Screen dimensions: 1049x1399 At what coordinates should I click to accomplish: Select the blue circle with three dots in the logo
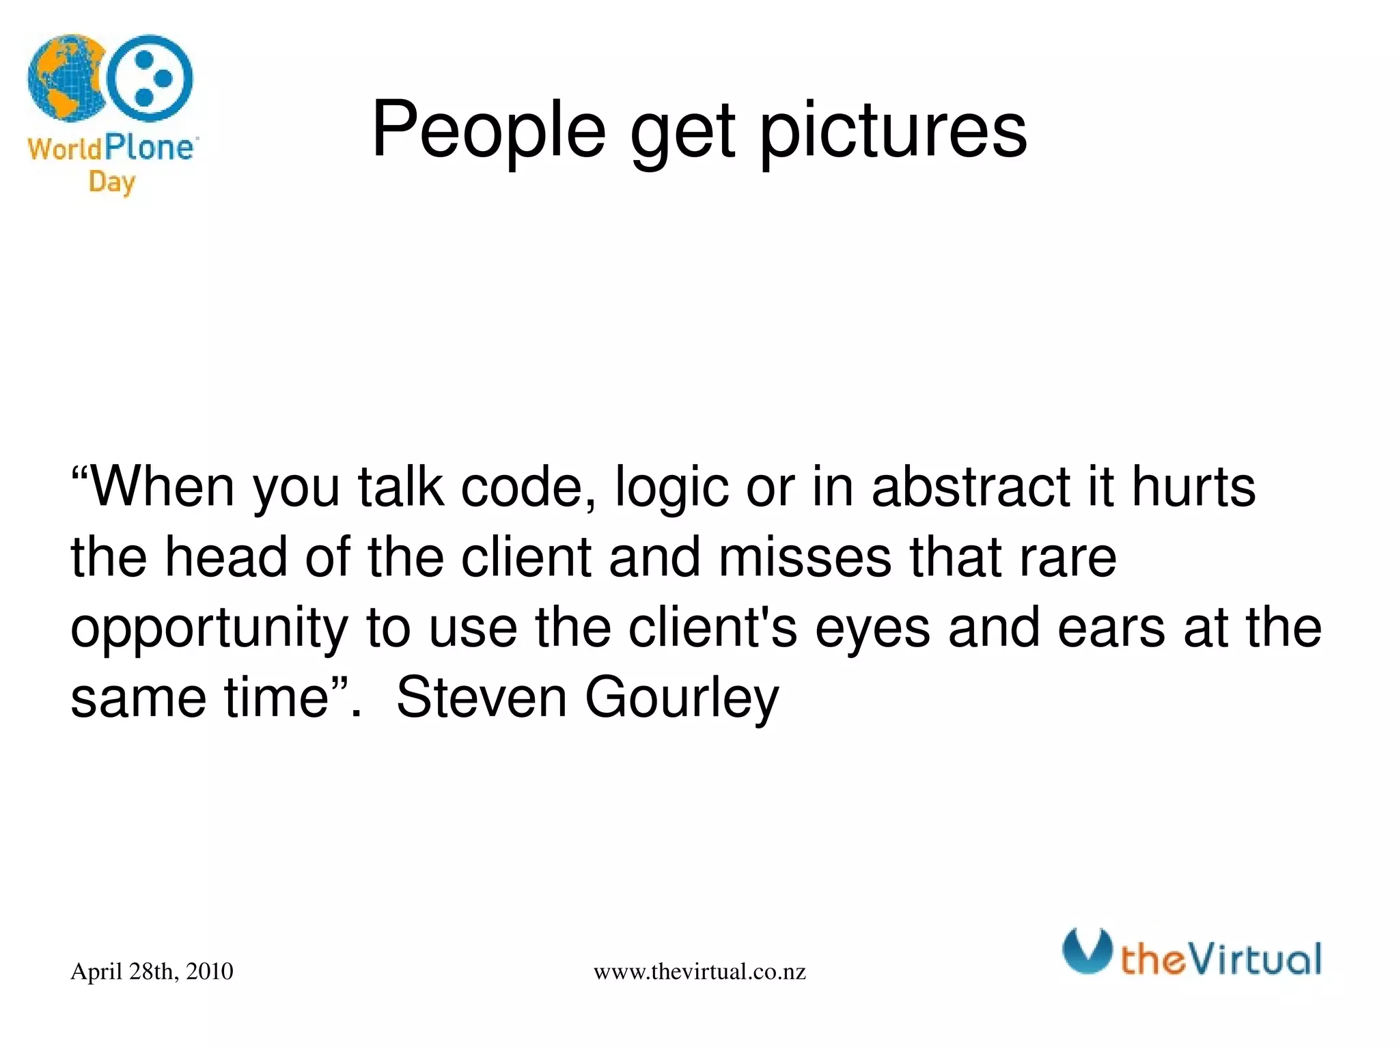pyautogui.click(x=150, y=79)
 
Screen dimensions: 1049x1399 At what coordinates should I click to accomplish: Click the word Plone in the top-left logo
pyautogui.click(x=149, y=148)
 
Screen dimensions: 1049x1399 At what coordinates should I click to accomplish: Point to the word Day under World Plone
pyautogui.click(x=111, y=182)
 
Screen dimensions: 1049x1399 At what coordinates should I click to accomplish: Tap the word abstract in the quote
pyautogui.click(x=971, y=487)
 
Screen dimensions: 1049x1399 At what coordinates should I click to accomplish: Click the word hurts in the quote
pyautogui.click(x=1193, y=487)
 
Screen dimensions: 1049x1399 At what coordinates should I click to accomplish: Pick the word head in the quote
pyautogui.click(x=226, y=557)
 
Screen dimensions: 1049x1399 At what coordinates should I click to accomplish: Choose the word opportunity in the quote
pyautogui.click(x=209, y=629)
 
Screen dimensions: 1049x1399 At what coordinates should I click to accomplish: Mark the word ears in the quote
pyautogui.click(x=1111, y=629)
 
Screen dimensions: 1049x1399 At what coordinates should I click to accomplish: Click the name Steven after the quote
pyautogui.click(x=481, y=698)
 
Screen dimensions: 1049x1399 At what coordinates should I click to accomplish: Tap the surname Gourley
pyautogui.click(x=681, y=698)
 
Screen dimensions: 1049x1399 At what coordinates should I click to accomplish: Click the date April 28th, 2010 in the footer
pyautogui.click(x=152, y=971)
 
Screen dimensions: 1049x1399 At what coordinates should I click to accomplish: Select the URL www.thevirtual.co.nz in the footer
pyautogui.click(x=699, y=972)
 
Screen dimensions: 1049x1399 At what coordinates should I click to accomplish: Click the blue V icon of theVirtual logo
pyautogui.click(x=1087, y=951)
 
